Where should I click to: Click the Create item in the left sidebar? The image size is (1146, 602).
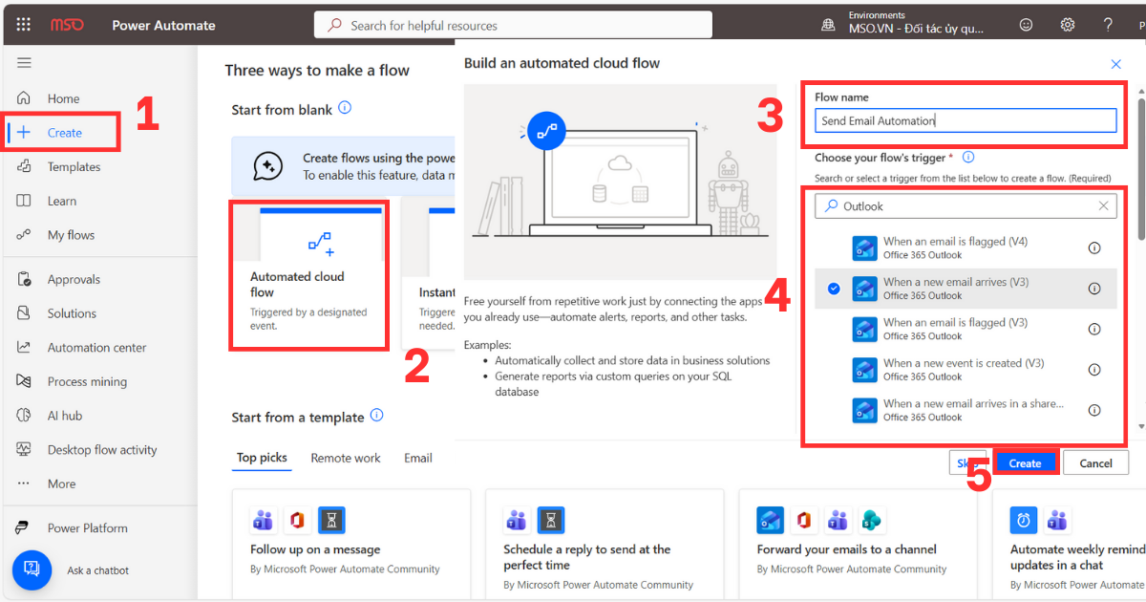pos(64,133)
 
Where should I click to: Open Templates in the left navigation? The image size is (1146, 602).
pos(74,167)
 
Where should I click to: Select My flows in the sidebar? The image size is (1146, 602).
pos(71,235)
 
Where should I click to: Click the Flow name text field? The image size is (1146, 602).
pos(965,120)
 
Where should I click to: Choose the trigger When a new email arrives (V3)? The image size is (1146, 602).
pos(955,288)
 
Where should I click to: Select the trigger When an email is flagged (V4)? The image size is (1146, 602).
pos(955,247)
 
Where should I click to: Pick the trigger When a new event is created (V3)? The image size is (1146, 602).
pos(955,369)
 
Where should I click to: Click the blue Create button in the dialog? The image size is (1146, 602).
pos(1025,462)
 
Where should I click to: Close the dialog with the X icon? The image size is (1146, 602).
pos(1115,64)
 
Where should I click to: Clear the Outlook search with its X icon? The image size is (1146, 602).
pos(1103,205)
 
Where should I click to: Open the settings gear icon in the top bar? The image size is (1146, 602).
pos(1068,25)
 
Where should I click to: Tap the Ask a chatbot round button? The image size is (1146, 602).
pos(32,570)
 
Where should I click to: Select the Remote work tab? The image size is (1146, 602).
pos(345,458)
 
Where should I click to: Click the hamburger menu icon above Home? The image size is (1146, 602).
pos(24,63)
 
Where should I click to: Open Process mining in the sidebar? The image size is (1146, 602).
pos(87,381)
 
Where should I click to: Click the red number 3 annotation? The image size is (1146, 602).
pos(770,116)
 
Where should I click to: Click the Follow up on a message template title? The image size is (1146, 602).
pos(315,549)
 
